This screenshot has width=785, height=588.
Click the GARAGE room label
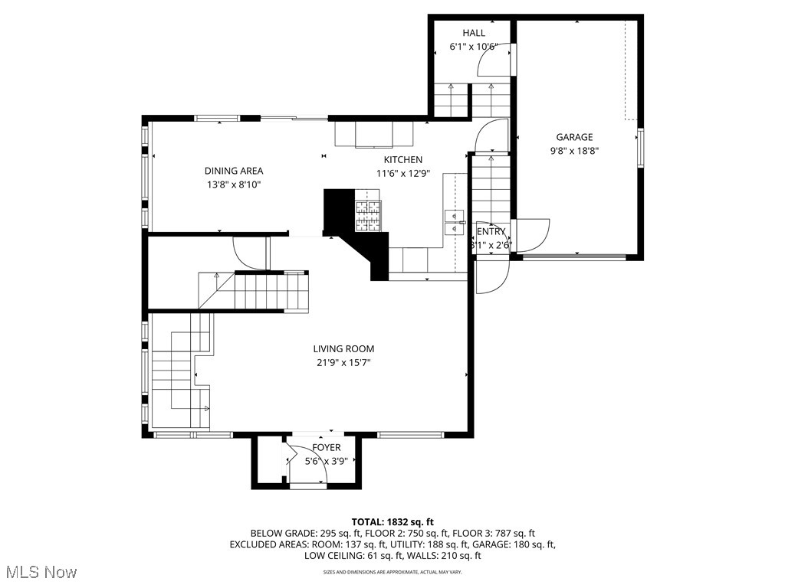click(574, 138)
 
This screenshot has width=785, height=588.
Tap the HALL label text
click(474, 33)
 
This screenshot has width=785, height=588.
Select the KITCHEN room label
click(403, 160)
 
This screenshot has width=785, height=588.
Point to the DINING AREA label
click(233, 171)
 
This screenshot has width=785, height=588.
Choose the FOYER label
click(327, 448)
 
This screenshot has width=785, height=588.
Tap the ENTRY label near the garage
click(491, 232)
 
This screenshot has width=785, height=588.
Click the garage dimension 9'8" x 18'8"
click(574, 152)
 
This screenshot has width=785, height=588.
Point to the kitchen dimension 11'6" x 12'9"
click(403, 174)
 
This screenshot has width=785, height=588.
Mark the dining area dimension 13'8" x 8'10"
click(233, 185)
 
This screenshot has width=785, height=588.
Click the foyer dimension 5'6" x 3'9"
click(327, 461)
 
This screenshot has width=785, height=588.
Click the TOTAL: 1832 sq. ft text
click(392, 521)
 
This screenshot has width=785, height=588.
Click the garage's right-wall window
click(640, 147)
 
